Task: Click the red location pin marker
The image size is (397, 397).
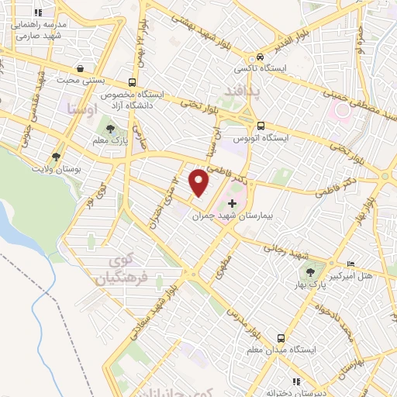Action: pos(200,182)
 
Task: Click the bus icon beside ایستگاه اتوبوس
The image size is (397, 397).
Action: pos(261,125)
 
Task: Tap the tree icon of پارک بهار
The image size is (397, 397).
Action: pos(311,272)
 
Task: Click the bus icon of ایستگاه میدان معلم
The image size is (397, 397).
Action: pos(281,339)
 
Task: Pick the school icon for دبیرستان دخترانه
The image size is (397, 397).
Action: pos(295,381)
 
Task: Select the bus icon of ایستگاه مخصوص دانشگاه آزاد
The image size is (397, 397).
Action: pos(133,82)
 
